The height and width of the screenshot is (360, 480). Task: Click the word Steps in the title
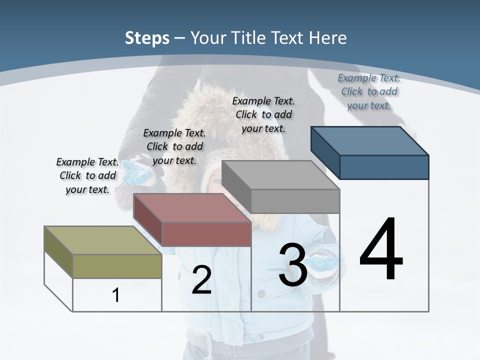coord(147,38)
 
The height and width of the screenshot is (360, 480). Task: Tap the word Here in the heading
coord(328,38)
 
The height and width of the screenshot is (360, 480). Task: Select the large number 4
coord(381,250)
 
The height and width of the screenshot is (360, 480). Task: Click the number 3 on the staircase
coord(293,265)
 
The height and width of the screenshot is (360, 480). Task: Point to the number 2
coord(201,280)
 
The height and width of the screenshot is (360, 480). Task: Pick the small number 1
coord(116,295)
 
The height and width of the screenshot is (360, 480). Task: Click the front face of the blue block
coord(384,167)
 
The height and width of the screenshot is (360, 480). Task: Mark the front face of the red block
coord(206,234)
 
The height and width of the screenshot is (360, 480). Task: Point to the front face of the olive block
coord(117,266)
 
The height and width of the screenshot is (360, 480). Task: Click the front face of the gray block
coord(295,201)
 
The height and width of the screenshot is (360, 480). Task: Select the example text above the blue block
coord(369,91)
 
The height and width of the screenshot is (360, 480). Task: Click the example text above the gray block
coord(263,114)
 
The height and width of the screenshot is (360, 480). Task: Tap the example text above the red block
coord(174,146)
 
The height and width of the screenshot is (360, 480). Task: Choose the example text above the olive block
coord(87,175)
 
